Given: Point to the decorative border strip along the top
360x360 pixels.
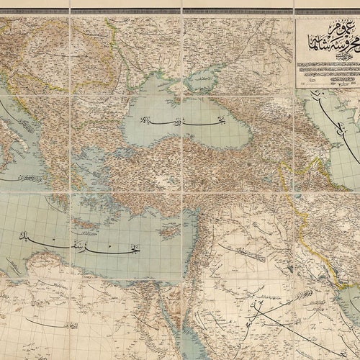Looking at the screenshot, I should [180, 11].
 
